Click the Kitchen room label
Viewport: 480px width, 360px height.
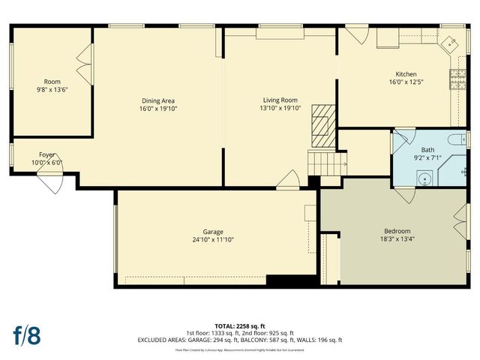[406, 74]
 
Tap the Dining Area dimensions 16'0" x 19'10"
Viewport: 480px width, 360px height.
[158, 109]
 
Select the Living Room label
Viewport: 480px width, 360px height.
[280, 100]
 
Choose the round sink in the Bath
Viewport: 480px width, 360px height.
[425, 179]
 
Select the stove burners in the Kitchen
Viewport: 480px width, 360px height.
[455, 78]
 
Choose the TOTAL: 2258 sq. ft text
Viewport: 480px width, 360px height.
[240, 325]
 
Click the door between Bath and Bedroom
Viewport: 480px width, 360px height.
[406, 193]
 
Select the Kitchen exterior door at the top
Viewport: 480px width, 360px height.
[355, 34]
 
